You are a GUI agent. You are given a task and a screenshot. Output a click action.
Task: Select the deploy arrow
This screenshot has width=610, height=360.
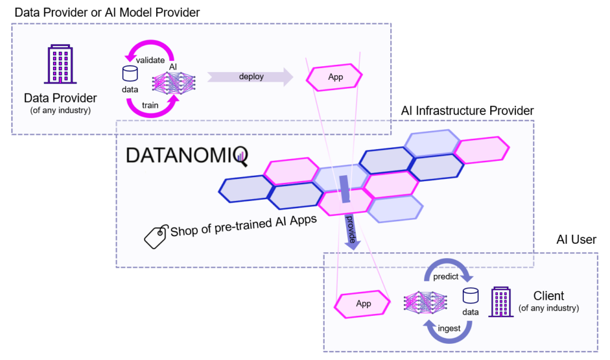(x=251, y=76)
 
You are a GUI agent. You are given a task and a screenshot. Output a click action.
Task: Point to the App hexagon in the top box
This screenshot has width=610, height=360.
(x=335, y=77)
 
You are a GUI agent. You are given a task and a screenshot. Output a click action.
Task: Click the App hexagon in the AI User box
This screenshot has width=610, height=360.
(x=363, y=303)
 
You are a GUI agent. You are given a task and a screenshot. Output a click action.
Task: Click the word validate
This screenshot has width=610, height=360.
(x=150, y=60)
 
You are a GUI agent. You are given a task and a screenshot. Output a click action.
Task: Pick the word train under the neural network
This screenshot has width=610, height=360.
(x=150, y=104)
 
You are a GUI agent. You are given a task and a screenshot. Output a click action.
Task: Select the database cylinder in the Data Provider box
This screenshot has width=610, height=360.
(x=130, y=74)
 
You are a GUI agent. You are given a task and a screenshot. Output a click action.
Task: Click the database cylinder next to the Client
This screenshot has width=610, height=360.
(x=471, y=296)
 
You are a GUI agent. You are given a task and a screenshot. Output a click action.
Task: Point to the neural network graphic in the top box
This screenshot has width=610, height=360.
(x=175, y=82)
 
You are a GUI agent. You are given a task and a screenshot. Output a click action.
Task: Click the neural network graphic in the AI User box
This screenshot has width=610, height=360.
(x=427, y=303)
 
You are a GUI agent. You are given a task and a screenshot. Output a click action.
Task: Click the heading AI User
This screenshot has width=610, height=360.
(x=576, y=240)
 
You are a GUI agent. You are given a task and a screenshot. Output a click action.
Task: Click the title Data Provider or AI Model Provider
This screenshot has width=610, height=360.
(x=107, y=12)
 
